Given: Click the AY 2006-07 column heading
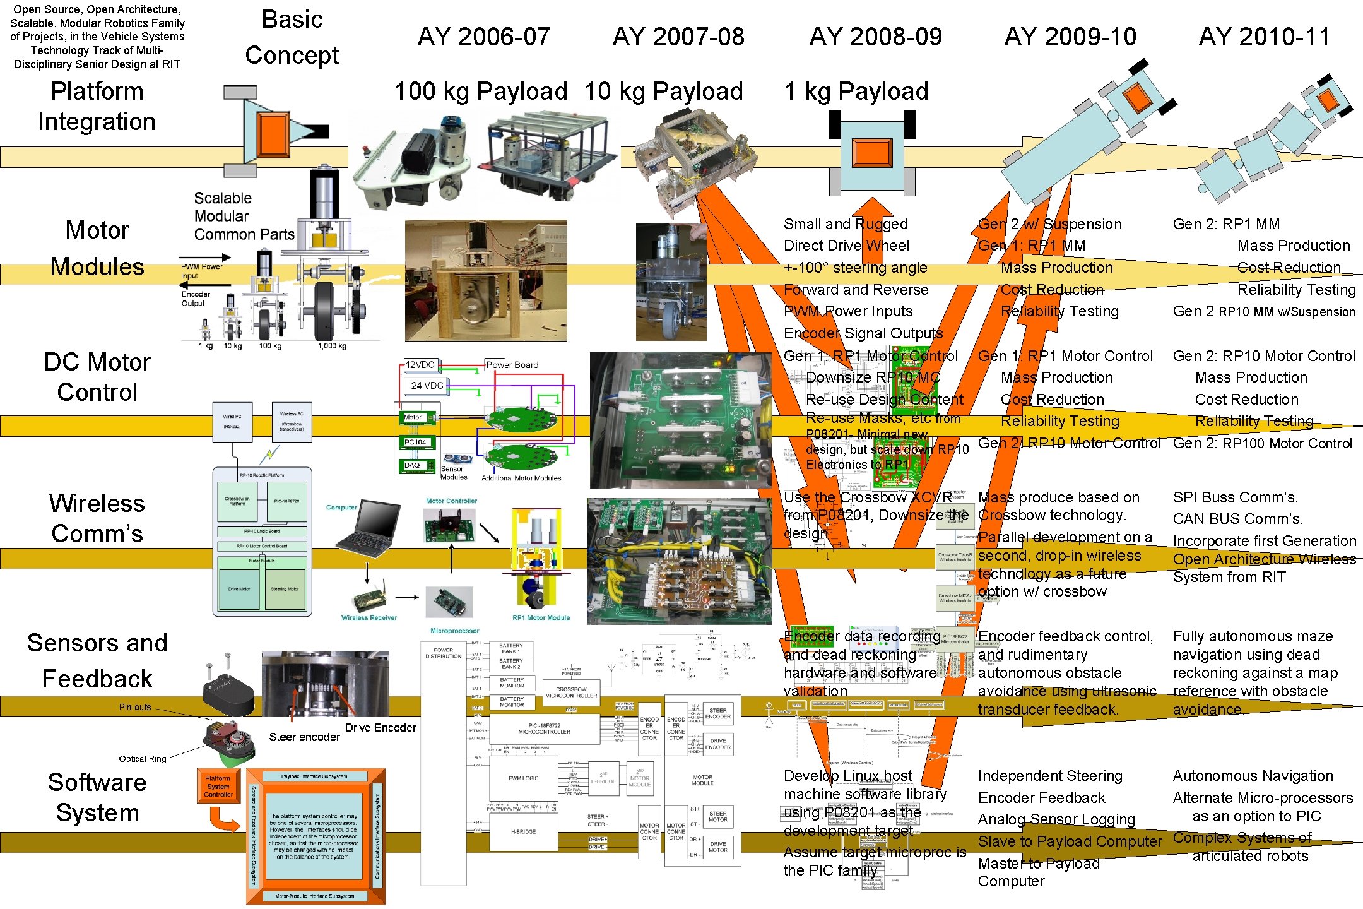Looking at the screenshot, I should click(x=483, y=37).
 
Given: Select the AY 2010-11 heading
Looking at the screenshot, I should click(x=1264, y=37).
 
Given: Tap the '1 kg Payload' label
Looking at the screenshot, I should click(x=856, y=92).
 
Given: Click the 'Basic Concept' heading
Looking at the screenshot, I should click(x=292, y=37).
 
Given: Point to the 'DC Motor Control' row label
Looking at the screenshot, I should click(x=97, y=377).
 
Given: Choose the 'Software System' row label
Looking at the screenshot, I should click(x=97, y=797).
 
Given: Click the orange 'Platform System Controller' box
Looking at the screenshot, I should click(x=218, y=787).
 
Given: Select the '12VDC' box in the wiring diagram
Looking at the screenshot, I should click(x=420, y=365).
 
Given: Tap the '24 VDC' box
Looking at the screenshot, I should click(x=427, y=385).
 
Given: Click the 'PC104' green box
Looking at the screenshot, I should click(x=415, y=443).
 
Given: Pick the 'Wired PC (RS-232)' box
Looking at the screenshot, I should click(x=232, y=421).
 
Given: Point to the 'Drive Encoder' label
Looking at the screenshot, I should click(x=381, y=728).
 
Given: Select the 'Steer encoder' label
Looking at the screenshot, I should click(x=304, y=737).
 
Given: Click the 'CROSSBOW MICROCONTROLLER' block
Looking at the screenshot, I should click(x=571, y=692).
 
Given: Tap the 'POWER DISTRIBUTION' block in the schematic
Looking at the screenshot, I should click(x=444, y=653).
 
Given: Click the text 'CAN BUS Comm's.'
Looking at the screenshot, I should click(x=1237, y=519).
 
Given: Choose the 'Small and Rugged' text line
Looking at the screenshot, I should click(x=846, y=224).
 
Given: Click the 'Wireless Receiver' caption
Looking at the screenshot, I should click(x=369, y=618).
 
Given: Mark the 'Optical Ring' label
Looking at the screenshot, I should click(x=143, y=759).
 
